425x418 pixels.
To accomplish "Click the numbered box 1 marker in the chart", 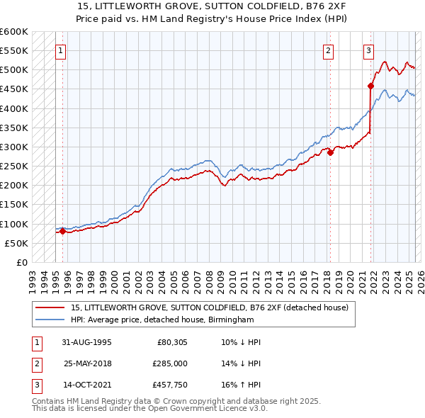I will tap(62, 50).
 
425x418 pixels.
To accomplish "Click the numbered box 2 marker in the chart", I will tap(329, 50).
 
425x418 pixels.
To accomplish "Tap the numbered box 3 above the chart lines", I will tap(369, 50).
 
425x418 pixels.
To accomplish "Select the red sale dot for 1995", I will tap(62, 231).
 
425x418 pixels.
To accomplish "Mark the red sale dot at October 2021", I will tap(370, 86).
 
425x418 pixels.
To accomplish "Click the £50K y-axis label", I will tap(17, 243).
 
